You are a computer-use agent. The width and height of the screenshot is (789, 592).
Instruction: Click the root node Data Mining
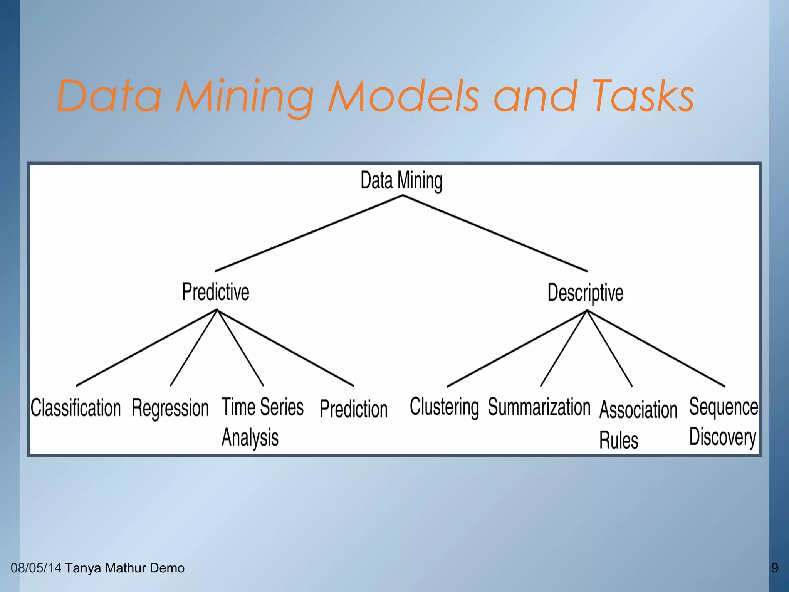401,180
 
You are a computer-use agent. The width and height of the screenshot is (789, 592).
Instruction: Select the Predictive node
216,292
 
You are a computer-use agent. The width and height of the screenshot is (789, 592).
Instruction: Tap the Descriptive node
585,293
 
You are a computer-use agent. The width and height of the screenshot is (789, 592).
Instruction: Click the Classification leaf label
76,408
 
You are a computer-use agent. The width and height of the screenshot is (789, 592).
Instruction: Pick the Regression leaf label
170,408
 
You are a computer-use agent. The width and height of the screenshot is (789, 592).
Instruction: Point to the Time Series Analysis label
262,422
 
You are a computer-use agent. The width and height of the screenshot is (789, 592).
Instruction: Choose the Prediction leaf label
354,409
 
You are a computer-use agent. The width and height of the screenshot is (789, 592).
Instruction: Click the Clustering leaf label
444,407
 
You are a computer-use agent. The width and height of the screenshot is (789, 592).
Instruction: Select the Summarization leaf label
539,407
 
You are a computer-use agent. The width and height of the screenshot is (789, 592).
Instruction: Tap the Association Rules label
638,424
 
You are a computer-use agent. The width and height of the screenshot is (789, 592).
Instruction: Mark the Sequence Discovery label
724,422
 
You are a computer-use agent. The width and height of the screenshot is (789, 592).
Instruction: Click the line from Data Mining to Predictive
308,234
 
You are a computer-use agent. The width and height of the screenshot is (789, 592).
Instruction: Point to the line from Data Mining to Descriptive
495,234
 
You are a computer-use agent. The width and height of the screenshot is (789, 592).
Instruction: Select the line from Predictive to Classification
146,348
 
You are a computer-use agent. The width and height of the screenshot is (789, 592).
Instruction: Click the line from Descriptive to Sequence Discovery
656,348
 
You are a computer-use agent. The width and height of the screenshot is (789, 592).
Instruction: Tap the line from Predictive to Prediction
285,348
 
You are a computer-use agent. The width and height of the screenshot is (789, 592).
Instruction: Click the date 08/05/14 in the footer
36,568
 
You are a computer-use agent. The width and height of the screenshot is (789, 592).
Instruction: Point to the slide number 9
774,568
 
